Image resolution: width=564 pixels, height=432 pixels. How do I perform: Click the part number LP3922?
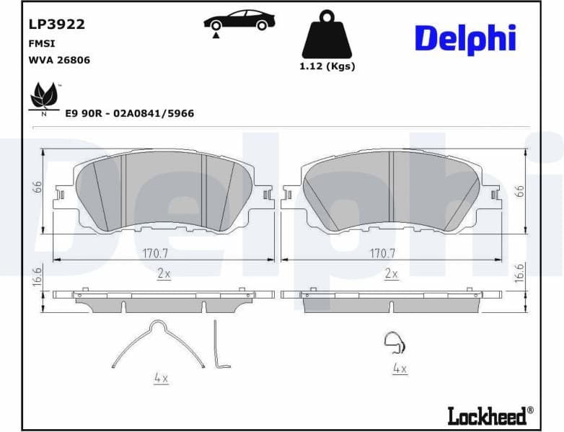pyautogui.click(x=56, y=25)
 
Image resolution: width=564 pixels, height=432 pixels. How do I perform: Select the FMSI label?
pyautogui.click(x=42, y=43)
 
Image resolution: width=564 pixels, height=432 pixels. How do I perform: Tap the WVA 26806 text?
pyautogui.click(x=59, y=61)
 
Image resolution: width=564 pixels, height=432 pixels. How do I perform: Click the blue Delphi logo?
pyautogui.click(x=464, y=39)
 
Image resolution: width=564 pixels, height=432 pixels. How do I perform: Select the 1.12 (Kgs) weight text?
pyautogui.click(x=327, y=66)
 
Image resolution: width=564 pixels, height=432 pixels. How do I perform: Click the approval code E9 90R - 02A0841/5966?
pyautogui.click(x=129, y=113)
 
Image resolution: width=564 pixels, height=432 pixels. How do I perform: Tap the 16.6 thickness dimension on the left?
pyautogui.click(x=37, y=276)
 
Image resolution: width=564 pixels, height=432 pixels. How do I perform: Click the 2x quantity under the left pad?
pyautogui.click(x=164, y=274)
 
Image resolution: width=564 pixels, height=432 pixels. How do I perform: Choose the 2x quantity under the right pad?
pyautogui.click(x=392, y=274)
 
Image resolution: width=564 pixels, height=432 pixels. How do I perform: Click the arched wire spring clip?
pyautogui.click(x=154, y=343)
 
